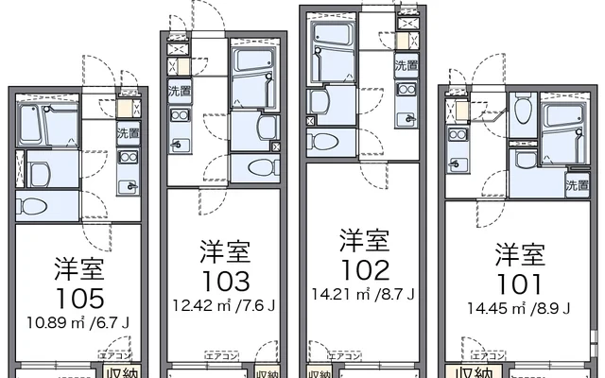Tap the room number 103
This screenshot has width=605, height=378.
(225, 281)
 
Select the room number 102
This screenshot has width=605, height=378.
(364, 270)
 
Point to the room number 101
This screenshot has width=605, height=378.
(520, 283)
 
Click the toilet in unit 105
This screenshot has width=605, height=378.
(31, 207)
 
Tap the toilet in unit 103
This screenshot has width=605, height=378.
(260, 168)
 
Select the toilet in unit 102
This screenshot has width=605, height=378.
(325, 143)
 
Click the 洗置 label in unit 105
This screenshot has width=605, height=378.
(128, 134)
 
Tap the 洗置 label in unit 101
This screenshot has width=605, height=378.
(577, 186)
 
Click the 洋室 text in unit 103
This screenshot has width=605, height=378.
(225, 251)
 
